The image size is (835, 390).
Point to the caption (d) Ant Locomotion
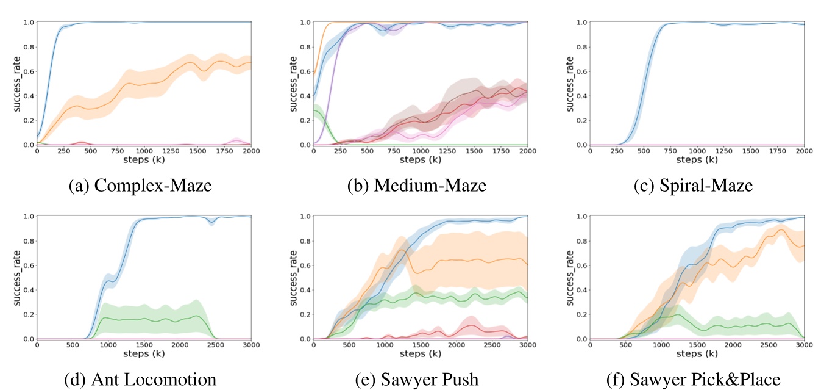click(140, 380)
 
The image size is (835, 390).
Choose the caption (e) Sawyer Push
click(417, 380)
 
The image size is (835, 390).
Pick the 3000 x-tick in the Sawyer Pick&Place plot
click(804, 345)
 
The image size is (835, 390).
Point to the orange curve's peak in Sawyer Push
click(402, 250)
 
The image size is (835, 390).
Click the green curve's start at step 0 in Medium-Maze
click(314, 110)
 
